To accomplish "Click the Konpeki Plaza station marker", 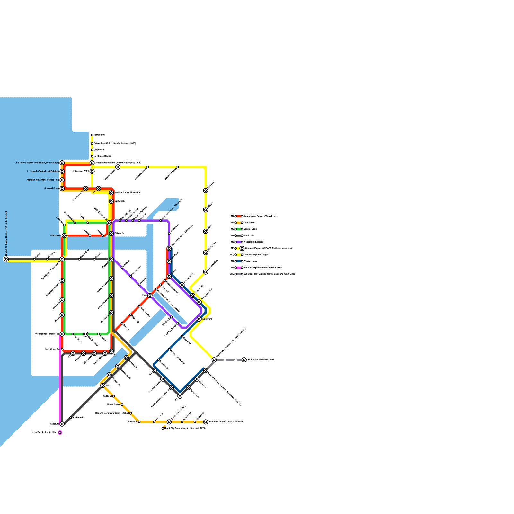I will point(62,189).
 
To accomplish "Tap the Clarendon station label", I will point(56,235).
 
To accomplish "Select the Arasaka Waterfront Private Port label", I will point(42,180).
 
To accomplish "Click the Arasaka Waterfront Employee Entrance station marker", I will point(62,163).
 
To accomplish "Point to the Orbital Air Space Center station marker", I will point(6,259).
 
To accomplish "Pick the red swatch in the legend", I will point(239,217).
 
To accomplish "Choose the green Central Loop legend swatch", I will point(239,229).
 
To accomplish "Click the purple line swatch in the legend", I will point(239,242).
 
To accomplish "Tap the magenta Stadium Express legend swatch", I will point(239,268).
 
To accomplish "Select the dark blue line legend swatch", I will point(239,261).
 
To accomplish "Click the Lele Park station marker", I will point(199,319).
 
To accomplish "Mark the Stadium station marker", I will point(62,424).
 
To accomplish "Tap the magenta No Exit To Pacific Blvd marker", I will point(60,433).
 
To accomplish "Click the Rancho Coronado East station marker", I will point(206,422).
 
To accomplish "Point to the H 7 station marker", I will point(180,396).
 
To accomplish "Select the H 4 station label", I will point(108,385).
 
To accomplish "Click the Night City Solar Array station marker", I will point(163,428).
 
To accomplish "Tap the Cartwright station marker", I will point(111,201).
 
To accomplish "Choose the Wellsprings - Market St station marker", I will point(62,334).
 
